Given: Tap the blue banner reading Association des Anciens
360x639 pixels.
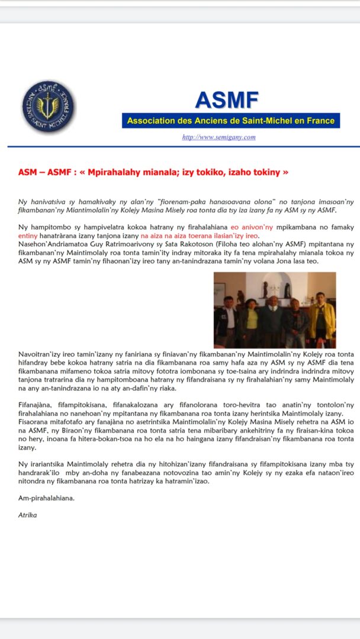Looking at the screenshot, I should click(231, 121).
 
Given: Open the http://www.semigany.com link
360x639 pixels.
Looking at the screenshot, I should click(219, 137).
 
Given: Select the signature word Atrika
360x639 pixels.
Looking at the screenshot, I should click(27, 515).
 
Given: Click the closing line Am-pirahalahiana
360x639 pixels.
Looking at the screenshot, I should click(45, 499).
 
